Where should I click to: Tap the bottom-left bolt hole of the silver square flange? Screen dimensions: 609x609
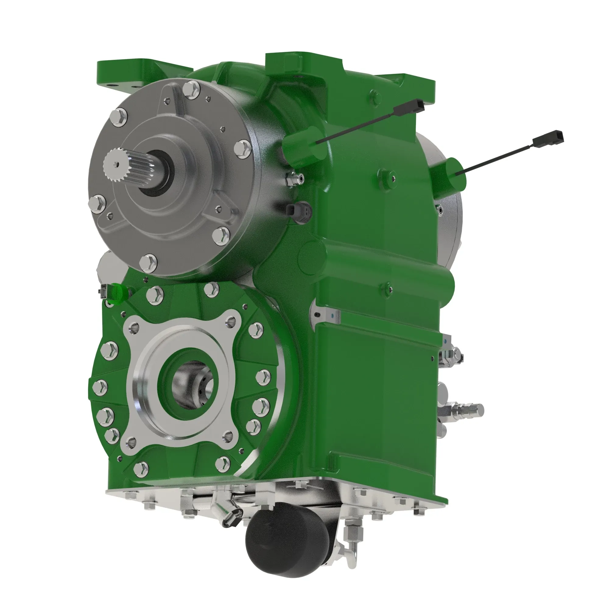[132, 442]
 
